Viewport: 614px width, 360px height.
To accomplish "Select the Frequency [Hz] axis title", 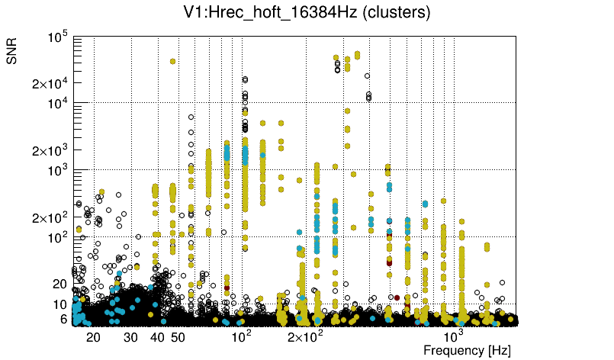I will (x=467, y=350).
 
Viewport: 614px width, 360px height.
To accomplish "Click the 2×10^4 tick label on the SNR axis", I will (x=50, y=83).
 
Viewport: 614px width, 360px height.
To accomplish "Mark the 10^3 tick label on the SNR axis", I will (x=59, y=170).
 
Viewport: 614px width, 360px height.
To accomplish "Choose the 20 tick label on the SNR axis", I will (x=59, y=284).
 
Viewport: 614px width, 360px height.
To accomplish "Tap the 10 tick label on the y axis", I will (x=59, y=304).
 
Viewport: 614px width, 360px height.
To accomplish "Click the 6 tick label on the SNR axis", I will (x=63, y=319).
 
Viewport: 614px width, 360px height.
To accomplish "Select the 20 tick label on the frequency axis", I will (x=93, y=337).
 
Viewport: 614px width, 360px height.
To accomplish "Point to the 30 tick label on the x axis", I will (x=130, y=337).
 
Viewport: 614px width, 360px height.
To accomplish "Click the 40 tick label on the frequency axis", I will (x=157, y=337).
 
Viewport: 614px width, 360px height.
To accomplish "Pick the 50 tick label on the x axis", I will (x=178, y=337).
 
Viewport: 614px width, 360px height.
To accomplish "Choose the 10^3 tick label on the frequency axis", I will (x=453, y=336).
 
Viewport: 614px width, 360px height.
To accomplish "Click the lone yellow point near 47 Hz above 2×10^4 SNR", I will (x=173, y=61).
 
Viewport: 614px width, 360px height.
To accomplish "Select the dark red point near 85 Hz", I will (x=227, y=288).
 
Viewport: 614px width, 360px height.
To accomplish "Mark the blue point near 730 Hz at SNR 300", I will (x=425, y=204).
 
